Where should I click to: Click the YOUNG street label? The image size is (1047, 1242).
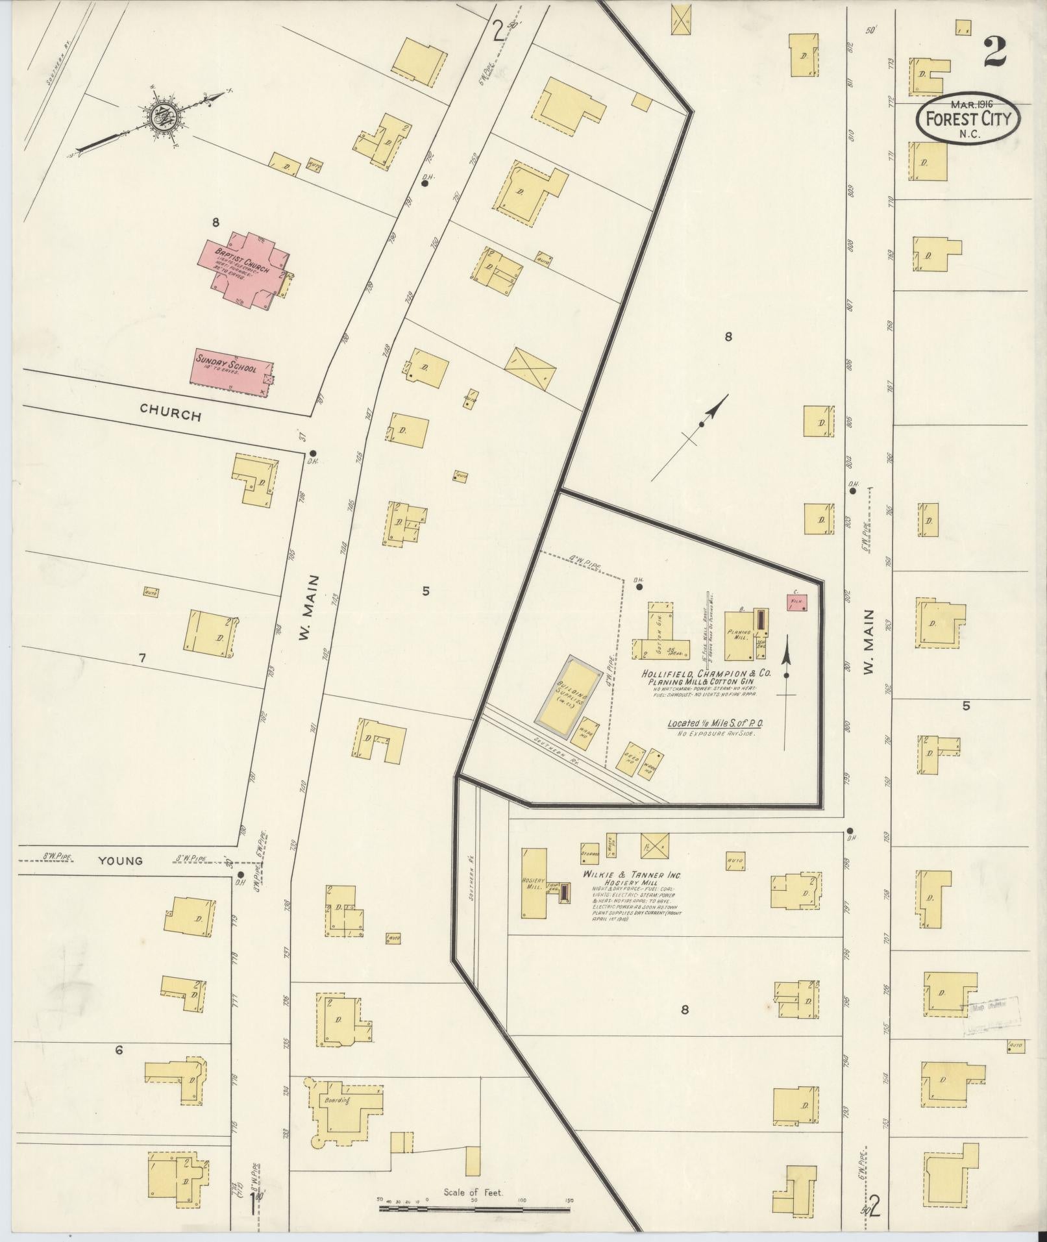click(120, 861)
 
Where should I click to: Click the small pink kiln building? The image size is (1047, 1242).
click(796, 602)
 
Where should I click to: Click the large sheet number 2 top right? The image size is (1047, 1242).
click(994, 52)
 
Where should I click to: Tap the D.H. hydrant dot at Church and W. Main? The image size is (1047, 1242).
click(312, 453)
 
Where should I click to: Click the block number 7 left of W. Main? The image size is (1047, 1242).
click(142, 658)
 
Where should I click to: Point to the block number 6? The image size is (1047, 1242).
click(119, 1049)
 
